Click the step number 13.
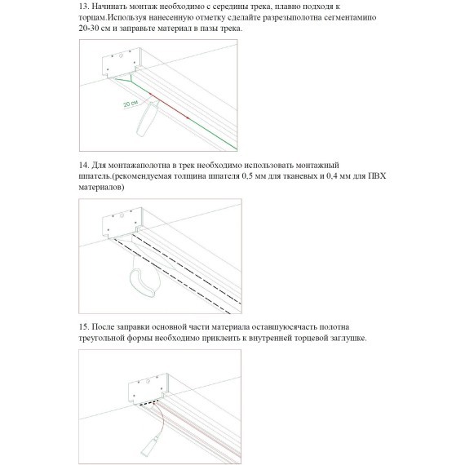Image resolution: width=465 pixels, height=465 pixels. click(x=84, y=7)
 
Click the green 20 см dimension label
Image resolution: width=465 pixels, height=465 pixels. click(x=131, y=104)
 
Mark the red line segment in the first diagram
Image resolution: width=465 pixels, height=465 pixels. click(x=169, y=106)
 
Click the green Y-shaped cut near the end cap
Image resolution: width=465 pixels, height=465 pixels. click(x=124, y=79)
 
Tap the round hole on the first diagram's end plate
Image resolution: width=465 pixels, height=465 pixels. click(x=121, y=55)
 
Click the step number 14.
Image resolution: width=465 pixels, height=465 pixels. click(x=84, y=165)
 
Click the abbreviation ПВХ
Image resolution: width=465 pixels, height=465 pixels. click(x=377, y=176)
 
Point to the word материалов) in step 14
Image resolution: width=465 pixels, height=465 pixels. click(x=101, y=188)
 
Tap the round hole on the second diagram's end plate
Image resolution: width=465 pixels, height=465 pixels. click(x=121, y=215)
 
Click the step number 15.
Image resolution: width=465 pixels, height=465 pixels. click(x=84, y=327)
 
